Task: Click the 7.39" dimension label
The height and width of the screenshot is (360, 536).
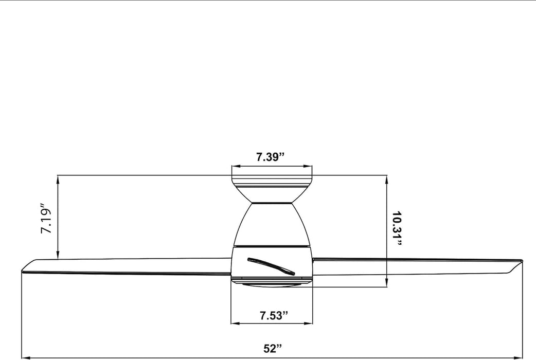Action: pyautogui.click(x=271, y=157)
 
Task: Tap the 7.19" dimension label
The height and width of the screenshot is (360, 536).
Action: pyautogui.click(x=46, y=219)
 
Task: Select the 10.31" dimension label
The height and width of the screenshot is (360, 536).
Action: pyautogui.click(x=397, y=228)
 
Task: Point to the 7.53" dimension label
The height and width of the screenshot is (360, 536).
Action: pyautogui.click(x=274, y=315)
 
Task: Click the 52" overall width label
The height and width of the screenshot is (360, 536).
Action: pyautogui.click(x=273, y=348)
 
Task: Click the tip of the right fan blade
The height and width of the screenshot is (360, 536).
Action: pyautogui.click(x=522, y=261)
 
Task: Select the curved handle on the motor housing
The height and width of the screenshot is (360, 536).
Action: pyautogui.click(x=271, y=266)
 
